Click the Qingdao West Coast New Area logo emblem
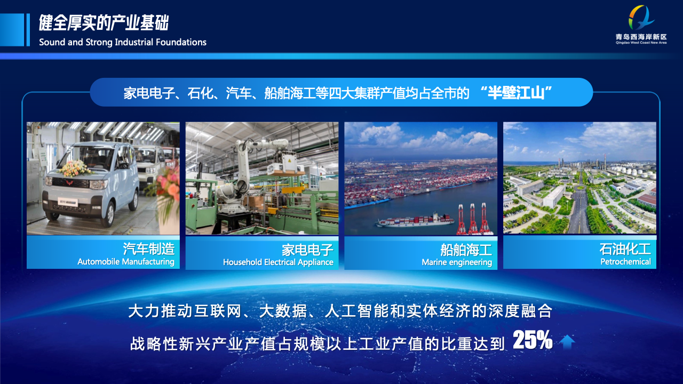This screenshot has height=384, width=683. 641,18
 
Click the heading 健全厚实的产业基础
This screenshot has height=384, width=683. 104,23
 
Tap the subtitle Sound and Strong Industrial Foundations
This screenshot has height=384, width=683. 123,42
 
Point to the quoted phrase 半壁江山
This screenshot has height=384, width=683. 516,93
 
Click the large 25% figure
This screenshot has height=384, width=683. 533,340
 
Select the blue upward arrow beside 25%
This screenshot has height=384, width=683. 567,342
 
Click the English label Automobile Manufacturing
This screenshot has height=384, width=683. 125,262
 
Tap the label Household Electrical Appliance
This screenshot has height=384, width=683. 278,262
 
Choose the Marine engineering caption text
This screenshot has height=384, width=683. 457,262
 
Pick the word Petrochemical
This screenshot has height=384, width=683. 626,262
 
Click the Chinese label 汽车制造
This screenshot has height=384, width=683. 149,249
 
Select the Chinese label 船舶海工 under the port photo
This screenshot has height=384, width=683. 466,250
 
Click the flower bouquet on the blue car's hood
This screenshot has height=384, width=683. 75,168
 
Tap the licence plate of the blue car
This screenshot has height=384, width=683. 68,202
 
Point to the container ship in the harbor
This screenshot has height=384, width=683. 415,221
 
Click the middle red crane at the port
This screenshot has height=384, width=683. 473,219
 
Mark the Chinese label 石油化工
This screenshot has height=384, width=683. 625,249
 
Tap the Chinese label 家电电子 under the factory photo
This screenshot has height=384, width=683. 307,250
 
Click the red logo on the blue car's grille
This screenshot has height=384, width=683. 68,183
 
